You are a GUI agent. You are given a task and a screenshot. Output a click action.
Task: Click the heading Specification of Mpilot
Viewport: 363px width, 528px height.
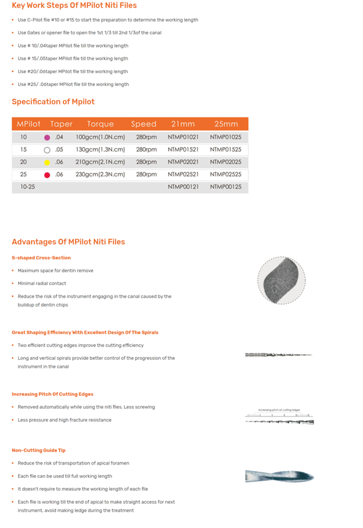point(53,102)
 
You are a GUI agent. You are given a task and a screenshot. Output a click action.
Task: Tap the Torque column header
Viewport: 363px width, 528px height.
point(100,124)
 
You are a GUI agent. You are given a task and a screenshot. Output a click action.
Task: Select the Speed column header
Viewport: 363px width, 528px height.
point(144,124)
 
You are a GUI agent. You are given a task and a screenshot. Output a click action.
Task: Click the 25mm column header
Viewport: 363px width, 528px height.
point(226,124)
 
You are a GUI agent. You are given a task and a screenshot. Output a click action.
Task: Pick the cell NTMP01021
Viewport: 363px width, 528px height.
point(183,137)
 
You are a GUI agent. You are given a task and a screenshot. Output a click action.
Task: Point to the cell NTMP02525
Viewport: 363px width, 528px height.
point(226,174)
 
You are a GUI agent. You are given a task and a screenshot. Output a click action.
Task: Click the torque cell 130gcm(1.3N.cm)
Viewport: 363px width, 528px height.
point(100,149)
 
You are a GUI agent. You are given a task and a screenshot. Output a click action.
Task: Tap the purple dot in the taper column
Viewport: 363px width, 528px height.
point(47,138)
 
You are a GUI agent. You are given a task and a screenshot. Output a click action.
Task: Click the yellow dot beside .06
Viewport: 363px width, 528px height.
point(47,162)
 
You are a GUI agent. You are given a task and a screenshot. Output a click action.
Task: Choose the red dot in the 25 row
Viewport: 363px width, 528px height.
point(47,174)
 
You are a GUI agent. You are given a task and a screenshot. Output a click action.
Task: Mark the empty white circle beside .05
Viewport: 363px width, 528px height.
point(47,150)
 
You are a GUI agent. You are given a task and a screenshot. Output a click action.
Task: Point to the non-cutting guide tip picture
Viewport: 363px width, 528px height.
point(279,477)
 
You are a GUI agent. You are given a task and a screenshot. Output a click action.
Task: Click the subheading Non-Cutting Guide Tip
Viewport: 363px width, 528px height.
point(38,450)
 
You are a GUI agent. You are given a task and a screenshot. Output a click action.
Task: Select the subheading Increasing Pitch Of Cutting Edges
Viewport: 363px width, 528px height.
point(52,394)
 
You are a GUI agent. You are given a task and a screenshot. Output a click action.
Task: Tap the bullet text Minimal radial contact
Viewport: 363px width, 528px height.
point(42,283)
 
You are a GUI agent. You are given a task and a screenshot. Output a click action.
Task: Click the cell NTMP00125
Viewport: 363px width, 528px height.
point(226,187)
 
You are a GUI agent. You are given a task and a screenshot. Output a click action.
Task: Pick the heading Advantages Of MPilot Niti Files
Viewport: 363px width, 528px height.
point(68,242)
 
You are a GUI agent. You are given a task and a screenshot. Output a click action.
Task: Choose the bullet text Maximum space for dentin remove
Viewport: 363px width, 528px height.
point(55,270)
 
